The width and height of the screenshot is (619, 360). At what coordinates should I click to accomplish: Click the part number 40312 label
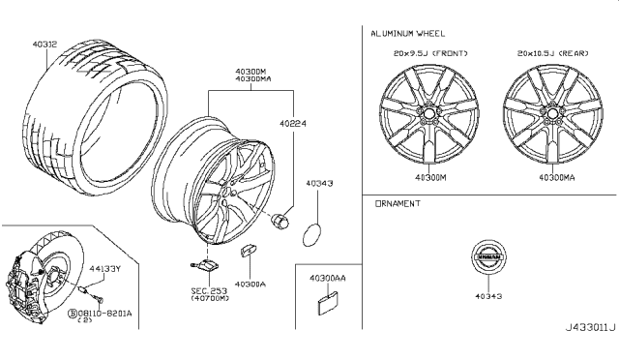click(x=44, y=45)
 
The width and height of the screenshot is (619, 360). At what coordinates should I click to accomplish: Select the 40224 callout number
click(x=293, y=123)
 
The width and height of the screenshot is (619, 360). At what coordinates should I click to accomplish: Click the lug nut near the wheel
click(x=280, y=220)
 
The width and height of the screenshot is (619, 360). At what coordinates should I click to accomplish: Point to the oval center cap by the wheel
click(x=311, y=235)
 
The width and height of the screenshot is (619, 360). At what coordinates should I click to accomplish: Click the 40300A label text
click(x=251, y=285)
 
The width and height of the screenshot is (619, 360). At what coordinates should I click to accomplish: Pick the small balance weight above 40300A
click(x=248, y=251)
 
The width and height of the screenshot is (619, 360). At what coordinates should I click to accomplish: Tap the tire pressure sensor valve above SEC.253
click(x=204, y=265)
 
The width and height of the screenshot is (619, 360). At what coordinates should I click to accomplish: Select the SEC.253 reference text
click(x=209, y=291)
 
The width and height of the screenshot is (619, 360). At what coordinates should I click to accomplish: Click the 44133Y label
click(x=104, y=269)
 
